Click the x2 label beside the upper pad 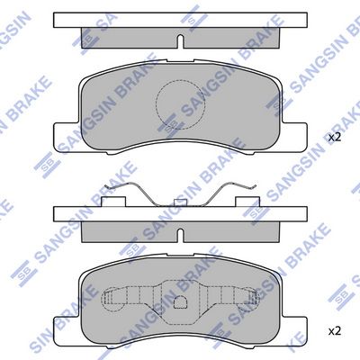(x=335, y=138)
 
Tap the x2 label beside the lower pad (x=335, y=331)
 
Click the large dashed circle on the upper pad (x=180, y=104)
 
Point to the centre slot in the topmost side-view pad (x=180, y=41)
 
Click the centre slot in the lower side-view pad (x=180, y=236)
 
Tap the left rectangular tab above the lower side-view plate (x=113, y=202)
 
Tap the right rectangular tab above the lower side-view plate (x=247, y=202)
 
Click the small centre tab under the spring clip (x=180, y=202)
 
